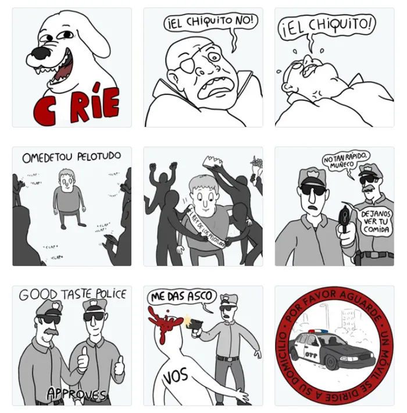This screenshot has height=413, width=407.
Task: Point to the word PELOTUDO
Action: point(94,156)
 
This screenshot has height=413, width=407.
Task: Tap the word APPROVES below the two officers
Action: point(76,394)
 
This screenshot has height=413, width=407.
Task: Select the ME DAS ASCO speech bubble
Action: point(181,296)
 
